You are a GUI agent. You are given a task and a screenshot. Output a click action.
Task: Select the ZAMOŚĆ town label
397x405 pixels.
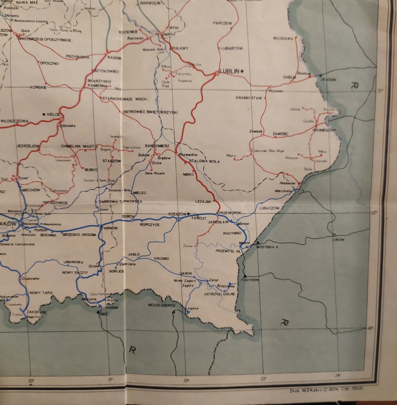tap(280, 134)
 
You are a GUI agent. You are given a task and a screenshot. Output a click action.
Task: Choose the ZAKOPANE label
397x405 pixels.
tap(37, 312)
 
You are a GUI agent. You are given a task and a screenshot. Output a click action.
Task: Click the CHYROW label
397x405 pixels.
tap(251, 280)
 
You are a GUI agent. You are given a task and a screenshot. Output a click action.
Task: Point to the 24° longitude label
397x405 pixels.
tap(338, 375)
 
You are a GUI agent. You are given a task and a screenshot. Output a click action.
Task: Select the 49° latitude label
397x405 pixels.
tap(370, 328)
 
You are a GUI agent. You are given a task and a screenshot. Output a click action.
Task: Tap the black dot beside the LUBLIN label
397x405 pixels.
tap(242, 71)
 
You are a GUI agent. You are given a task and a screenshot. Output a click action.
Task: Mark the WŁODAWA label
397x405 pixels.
tap(283, 39)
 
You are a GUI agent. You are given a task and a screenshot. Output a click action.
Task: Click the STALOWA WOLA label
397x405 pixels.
tap(204, 161)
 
